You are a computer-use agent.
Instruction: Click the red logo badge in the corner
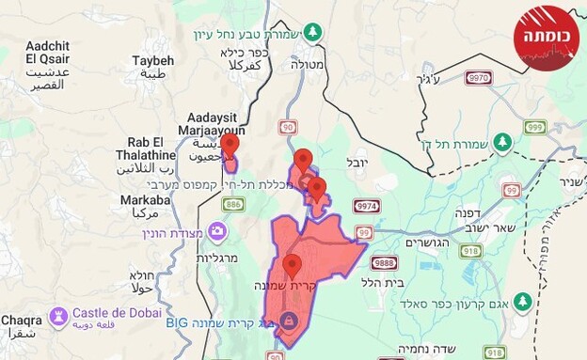pos(547,39)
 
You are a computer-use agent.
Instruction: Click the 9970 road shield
pos(479,78)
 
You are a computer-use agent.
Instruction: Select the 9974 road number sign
pos(367,205)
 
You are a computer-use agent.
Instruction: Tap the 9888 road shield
pos(384,262)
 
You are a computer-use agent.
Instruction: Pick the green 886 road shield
pos(233,203)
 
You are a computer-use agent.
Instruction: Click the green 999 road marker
pos(535,127)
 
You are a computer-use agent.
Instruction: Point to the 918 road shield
pos(471,249)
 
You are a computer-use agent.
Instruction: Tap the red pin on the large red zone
pos(292,267)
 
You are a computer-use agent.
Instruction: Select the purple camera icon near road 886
pos(218,230)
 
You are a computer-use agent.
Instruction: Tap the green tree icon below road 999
pos(502,142)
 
